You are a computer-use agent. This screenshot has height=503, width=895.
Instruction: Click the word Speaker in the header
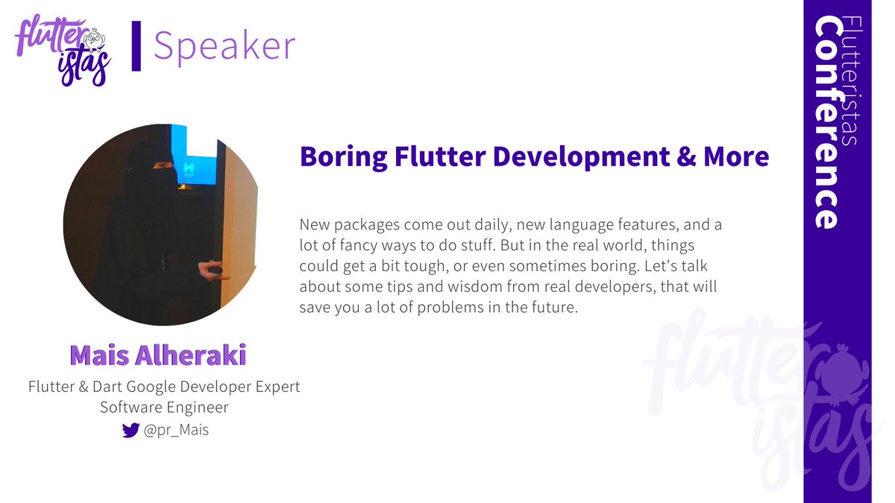(x=224, y=46)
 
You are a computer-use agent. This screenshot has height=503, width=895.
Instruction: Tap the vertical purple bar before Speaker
(x=136, y=46)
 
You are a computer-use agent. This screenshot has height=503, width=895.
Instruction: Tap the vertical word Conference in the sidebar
(x=827, y=123)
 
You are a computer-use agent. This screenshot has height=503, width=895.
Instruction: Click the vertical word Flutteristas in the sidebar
(x=851, y=82)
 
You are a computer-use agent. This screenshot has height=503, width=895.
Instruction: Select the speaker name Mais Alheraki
(x=157, y=355)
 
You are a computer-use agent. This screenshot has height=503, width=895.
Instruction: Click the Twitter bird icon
(x=131, y=430)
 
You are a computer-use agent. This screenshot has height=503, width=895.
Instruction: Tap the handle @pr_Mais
(x=176, y=430)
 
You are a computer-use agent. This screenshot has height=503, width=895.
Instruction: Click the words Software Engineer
(x=164, y=408)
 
